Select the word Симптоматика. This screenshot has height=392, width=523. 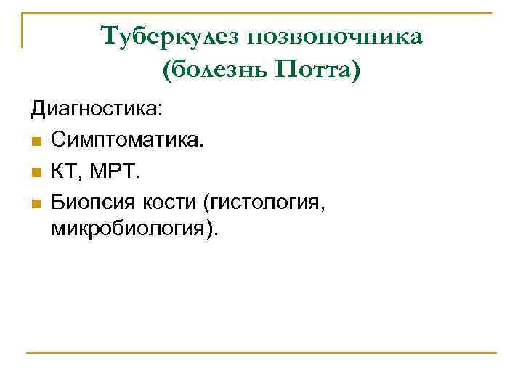(128, 140)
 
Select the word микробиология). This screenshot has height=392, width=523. (134, 229)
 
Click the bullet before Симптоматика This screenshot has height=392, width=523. (35, 142)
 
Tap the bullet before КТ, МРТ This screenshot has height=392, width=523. (35, 171)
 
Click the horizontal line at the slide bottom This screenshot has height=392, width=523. (261, 353)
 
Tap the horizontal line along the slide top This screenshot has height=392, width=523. (261, 13)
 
